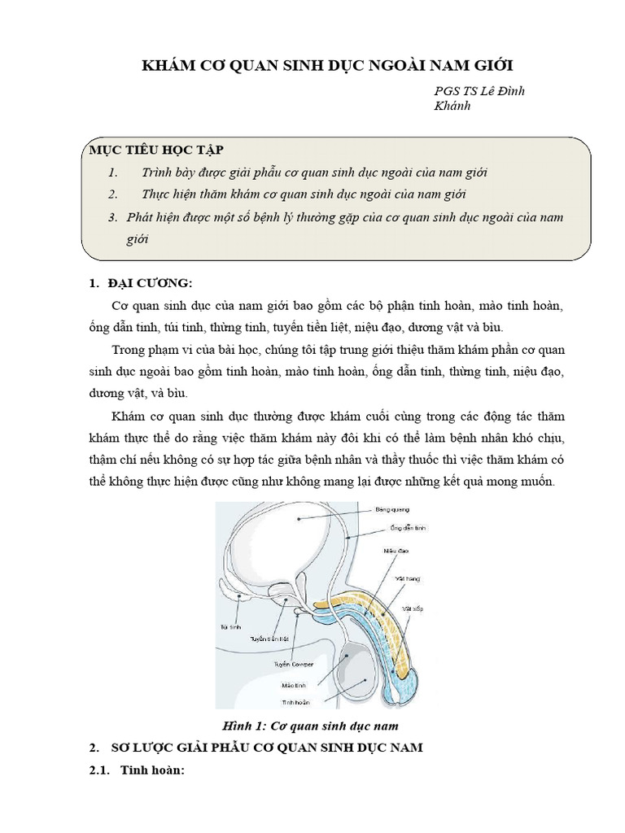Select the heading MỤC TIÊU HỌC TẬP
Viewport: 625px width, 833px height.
pos(155,150)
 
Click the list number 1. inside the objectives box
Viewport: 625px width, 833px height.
pos(113,173)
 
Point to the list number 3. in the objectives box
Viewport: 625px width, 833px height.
pos(113,218)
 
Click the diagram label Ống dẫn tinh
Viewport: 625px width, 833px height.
pos(408,529)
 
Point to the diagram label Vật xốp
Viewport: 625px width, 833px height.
pos(412,608)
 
